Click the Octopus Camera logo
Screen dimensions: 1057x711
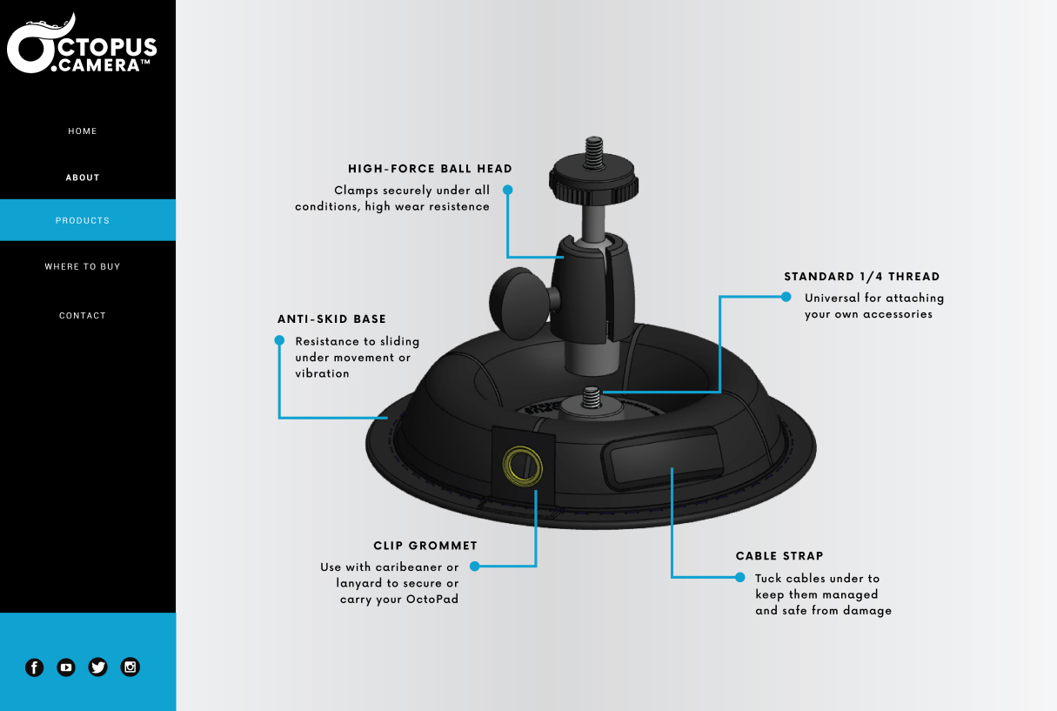[82, 44]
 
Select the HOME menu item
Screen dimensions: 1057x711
[83, 131]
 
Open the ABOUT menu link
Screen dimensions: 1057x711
[83, 178]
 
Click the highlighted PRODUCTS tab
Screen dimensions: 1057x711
[88, 220]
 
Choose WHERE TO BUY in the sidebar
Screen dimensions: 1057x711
[83, 267]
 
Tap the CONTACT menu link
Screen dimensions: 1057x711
[83, 315]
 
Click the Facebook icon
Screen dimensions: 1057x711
[35, 667]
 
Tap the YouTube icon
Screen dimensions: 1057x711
[66, 667]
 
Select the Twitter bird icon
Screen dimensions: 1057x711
[97, 667]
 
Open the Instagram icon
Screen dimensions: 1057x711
[130, 667]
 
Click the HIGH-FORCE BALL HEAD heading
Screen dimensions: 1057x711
[430, 169]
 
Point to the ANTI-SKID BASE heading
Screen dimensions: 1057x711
[331, 319]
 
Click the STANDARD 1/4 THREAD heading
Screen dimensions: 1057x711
[862, 277]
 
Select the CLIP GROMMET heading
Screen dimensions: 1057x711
[425, 546]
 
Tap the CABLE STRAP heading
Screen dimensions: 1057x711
[779, 556]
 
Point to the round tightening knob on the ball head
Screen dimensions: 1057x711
[519, 302]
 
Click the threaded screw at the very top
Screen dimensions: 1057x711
[593, 152]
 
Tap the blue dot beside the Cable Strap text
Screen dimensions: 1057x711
[739, 577]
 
